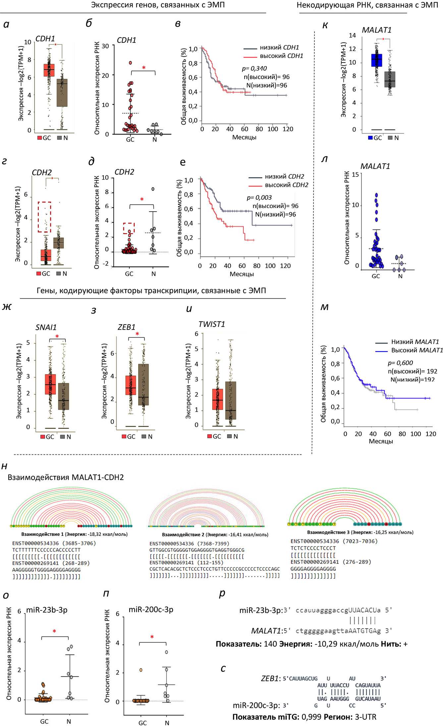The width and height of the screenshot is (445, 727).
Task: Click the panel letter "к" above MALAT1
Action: point(325,26)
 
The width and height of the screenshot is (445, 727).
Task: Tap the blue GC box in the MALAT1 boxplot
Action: point(376,60)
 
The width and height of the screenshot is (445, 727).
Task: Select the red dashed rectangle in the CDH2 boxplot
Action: point(44,217)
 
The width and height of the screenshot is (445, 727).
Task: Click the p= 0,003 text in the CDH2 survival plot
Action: point(259,198)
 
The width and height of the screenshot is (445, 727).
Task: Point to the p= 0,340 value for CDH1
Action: point(254,69)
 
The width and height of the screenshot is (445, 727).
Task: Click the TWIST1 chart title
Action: point(212,324)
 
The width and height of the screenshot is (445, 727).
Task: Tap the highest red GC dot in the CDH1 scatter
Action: point(130,63)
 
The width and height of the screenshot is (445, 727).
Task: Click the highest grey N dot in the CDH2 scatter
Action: point(153,189)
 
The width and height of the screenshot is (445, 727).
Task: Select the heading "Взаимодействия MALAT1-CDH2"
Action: point(66,477)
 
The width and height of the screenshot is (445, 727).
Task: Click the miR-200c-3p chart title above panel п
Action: point(151,609)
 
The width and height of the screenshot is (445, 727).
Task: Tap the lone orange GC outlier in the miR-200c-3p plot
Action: point(141,670)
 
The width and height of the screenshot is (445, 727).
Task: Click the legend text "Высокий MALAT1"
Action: point(417,350)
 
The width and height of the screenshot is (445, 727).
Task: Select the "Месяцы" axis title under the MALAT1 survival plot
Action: point(381,441)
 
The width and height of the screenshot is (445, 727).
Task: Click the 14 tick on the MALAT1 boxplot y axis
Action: point(352,35)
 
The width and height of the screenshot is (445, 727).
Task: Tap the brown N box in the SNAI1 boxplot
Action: point(64,396)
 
